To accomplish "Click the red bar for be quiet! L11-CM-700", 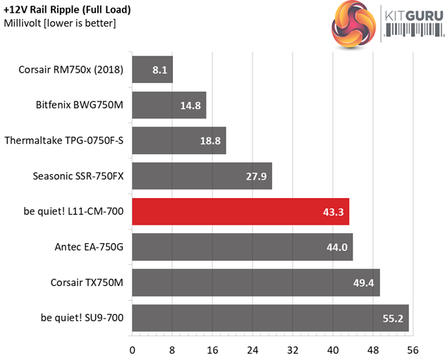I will pos(240,211).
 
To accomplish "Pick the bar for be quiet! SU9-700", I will pos(270,318).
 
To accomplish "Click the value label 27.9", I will pos(255,176).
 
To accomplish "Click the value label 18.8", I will pos(209,141).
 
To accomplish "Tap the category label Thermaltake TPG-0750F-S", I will pos(63,141).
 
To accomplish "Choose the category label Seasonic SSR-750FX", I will pos(78,176).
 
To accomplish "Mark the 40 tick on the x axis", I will pos(332,349).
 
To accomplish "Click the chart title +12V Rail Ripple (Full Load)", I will pos(67,10).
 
